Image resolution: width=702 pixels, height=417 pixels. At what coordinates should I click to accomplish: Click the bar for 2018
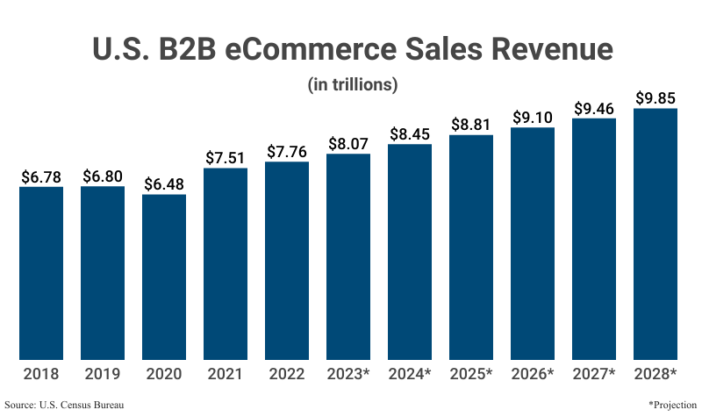41,273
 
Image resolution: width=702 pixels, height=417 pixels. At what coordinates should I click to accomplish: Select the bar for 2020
164,277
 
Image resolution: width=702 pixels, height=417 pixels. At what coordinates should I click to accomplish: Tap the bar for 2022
287,261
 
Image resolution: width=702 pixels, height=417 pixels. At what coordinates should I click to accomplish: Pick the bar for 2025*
471,247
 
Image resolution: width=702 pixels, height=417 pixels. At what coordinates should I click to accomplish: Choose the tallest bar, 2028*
655,234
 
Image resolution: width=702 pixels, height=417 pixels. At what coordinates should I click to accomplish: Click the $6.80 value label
103,176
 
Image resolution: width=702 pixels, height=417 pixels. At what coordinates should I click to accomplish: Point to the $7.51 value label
226,157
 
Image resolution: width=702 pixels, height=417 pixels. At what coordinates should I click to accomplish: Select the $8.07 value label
348,143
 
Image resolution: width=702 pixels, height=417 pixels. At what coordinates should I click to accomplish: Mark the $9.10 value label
533,117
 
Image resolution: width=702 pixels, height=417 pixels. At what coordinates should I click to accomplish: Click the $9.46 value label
594,108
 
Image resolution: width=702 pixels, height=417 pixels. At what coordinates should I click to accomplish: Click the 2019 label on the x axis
103,374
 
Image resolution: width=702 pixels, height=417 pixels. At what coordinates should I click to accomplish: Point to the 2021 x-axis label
226,374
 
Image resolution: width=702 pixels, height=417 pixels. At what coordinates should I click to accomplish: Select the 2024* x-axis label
410,374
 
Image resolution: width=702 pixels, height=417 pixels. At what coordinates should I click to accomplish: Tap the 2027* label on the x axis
594,374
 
